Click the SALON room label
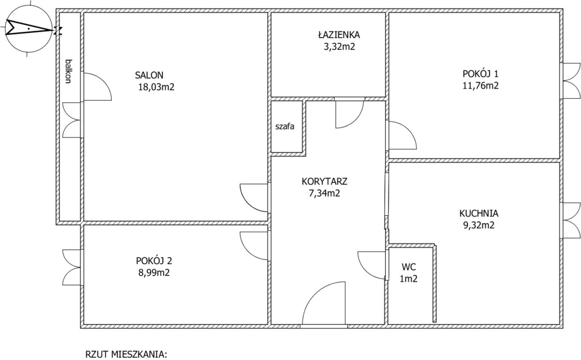tap(149, 76)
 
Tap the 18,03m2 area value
tap(156, 87)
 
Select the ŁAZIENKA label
tap(339, 35)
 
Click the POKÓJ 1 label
tap(480, 73)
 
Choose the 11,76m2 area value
tap(481, 86)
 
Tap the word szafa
tap(285, 127)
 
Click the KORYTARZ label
tap(325, 181)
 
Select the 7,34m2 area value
tap(325, 193)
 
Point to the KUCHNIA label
tap(479, 213)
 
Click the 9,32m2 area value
tap(479, 225)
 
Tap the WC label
tap(409, 266)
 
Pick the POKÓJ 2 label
tap(154, 260)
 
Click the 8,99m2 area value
tap(154, 273)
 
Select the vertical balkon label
tap(68, 71)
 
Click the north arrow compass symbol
tap(28, 28)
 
